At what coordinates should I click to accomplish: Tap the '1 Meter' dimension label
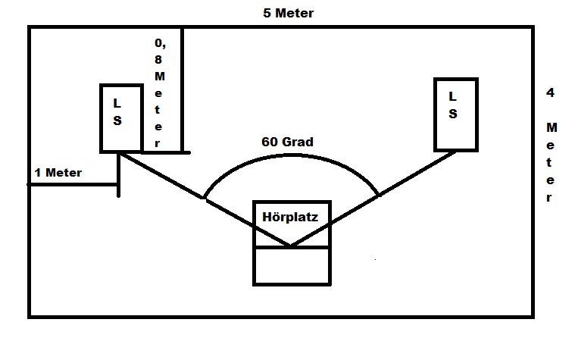point(58,173)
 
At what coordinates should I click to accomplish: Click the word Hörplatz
point(290,217)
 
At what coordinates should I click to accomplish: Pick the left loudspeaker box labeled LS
point(120,117)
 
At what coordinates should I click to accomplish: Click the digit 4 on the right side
point(549,92)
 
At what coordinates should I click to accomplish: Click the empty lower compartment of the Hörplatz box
point(292,265)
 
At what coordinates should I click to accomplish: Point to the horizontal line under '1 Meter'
point(73,183)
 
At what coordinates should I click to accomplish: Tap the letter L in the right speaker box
point(453,96)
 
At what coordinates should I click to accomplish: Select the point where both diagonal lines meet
point(290,246)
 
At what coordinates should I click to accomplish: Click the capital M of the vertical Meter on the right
point(551,126)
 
